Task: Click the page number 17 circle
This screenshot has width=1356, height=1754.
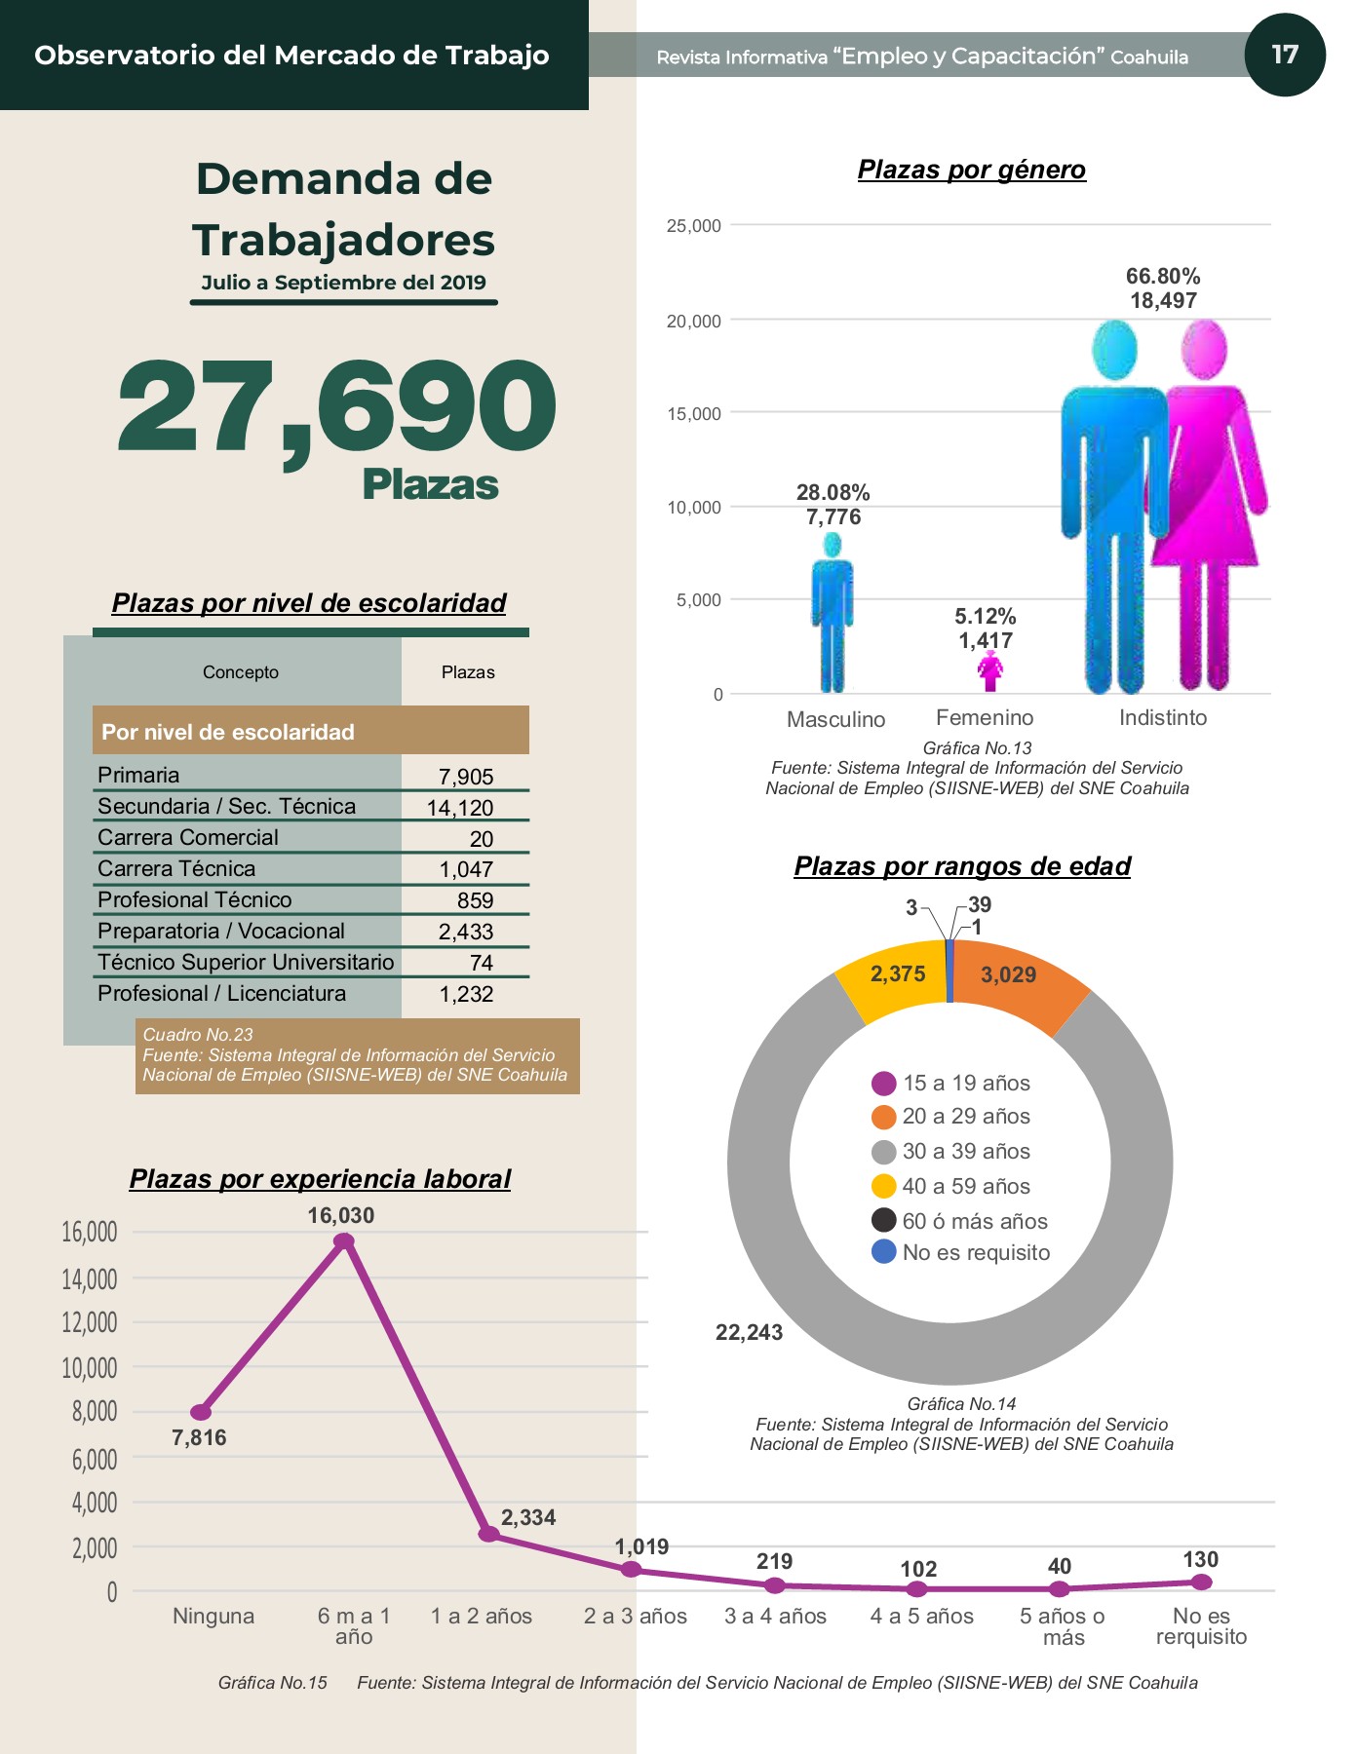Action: (x=1285, y=55)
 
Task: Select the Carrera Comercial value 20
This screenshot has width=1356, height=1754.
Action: (x=482, y=839)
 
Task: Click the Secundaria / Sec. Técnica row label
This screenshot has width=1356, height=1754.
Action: (x=227, y=806)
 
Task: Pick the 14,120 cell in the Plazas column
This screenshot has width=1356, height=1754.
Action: (x=460, y=808)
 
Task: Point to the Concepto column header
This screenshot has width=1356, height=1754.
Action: (x=241, y=672)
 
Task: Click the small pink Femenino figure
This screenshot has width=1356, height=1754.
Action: (x=990, y=672)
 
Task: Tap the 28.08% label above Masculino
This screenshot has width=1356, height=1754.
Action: (x=833, y=493)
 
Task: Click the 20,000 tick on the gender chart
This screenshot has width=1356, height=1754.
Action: (x=694, y=321)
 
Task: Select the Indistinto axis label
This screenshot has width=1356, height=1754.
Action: (x=1163, y=718)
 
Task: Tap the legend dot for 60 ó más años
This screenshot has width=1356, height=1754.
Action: (x=884, y=1220)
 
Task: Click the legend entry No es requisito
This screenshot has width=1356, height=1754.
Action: (x=961, y=1252)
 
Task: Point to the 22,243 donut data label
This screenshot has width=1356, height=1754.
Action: (x=749, y=1333)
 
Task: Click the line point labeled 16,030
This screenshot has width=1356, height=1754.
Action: (x=344, y=1240)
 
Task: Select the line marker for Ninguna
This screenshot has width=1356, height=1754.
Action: (x=201, y=1412)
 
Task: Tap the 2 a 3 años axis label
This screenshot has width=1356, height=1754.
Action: (x=636, y=1617)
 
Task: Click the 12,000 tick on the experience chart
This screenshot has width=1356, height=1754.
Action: (x=90, y=1322)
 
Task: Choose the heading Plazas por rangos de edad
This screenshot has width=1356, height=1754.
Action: (x=962, y=866)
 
